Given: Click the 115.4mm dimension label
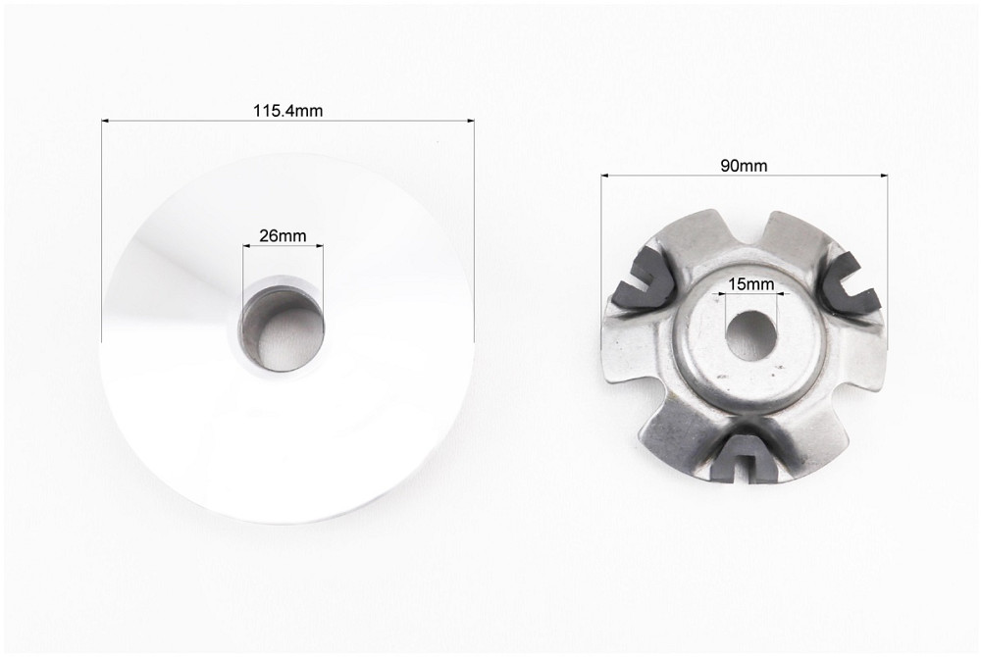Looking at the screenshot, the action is (287, 111).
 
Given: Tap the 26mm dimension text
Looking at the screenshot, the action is (283, 235).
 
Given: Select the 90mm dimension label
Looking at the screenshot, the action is (744, 166).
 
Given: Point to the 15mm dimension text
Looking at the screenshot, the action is (750, 284).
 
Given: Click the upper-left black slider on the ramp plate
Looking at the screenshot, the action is (643, 278).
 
